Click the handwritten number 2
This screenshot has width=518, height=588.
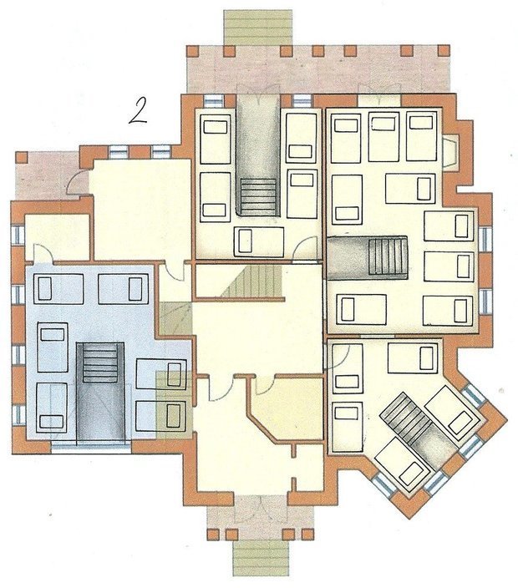coord(138,111)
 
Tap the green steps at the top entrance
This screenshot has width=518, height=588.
coord(257,28)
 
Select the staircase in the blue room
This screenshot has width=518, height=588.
coord(100,391)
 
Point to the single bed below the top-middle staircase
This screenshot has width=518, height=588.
coord(259,241)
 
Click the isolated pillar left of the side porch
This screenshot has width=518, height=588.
coord(22,157)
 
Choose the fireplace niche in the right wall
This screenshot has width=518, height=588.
coord(450,153)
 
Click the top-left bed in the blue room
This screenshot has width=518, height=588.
coord(58,289)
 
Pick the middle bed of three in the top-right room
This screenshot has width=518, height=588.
coord(383,136)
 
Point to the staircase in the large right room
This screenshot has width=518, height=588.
coord(368,257)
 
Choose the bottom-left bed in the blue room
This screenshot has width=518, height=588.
coord(52,407)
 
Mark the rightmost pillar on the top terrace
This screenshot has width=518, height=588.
coord(444,51)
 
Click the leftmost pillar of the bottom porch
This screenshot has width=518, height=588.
coord(213,534)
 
